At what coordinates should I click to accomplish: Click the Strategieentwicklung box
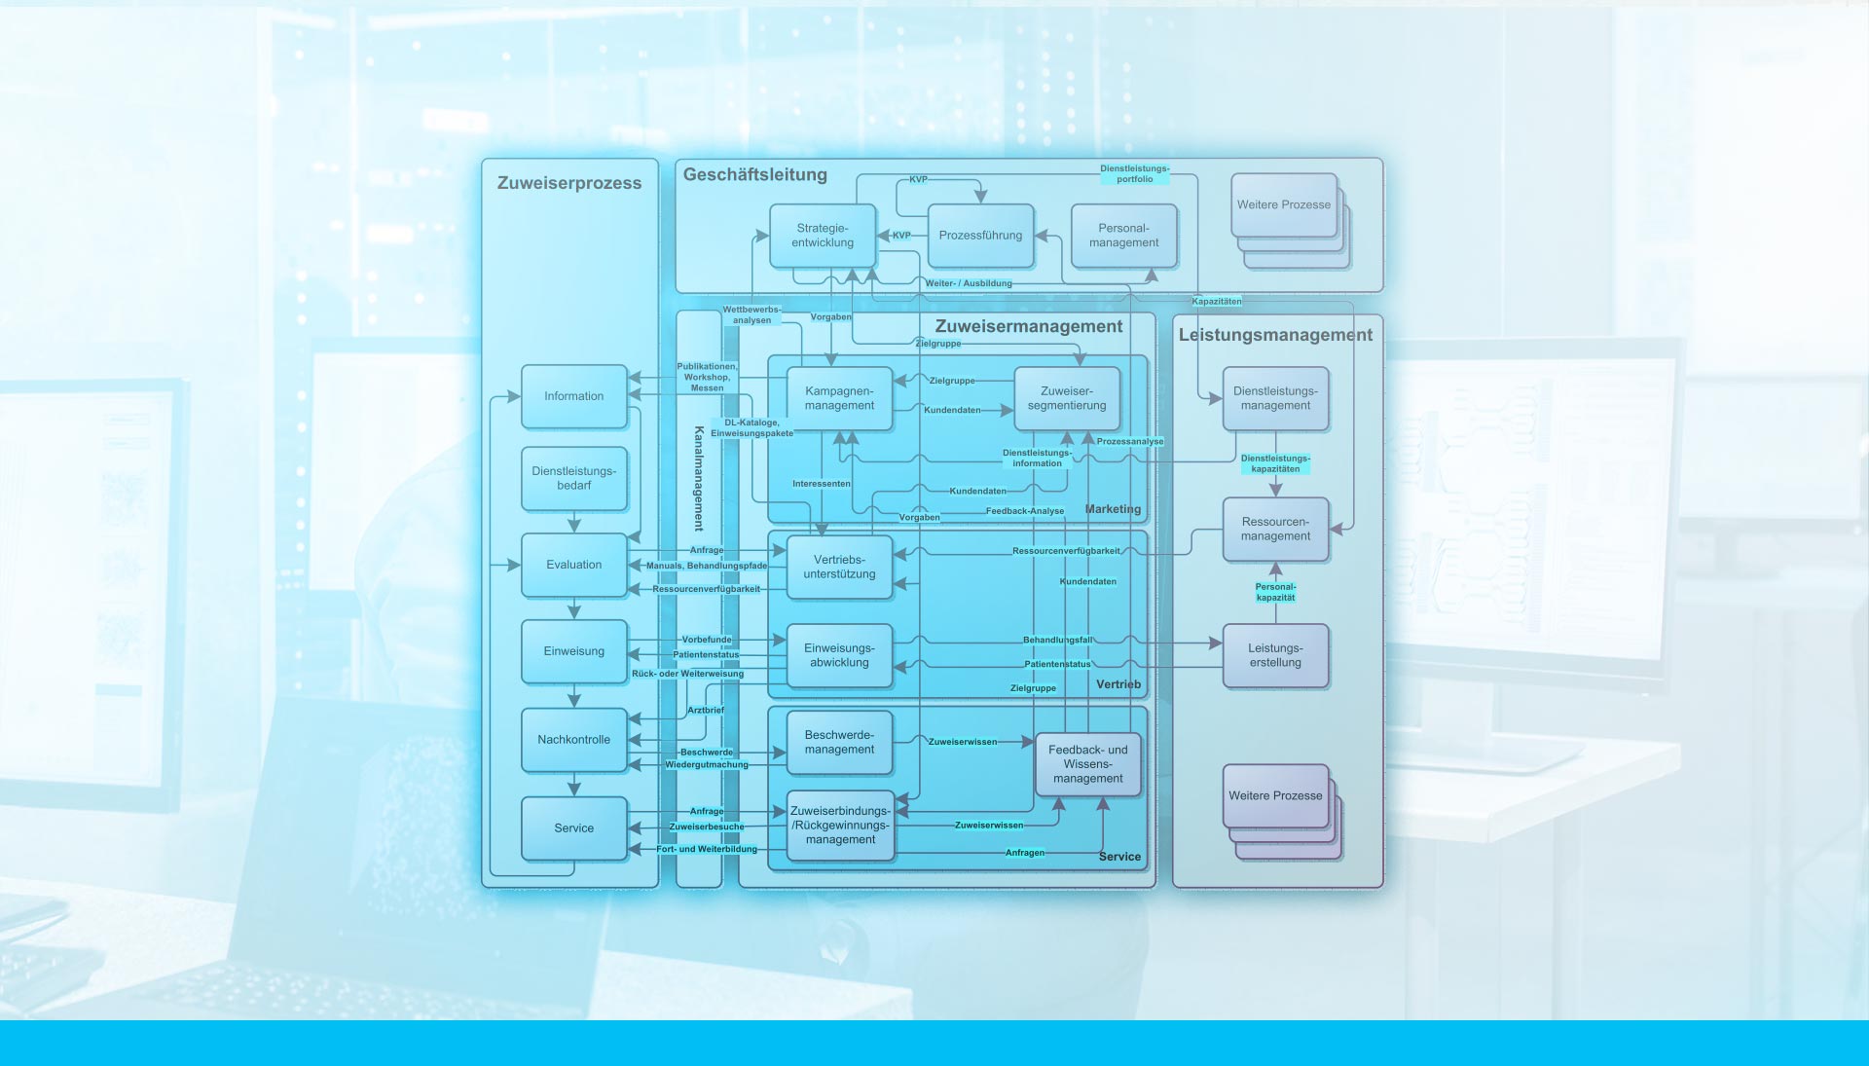tap(823, 236)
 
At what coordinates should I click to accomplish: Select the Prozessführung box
tap(980, 236)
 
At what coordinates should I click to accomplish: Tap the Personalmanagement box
tap(1123, 236)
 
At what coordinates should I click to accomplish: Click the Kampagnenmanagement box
tap(839, 398)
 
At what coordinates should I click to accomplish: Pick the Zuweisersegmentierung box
tap(1067, 398)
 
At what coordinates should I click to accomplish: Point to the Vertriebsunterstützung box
tap(839, 567)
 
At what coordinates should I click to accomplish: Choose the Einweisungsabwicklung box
tap(839, 655)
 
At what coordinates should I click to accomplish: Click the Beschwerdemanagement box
tap(839, 743)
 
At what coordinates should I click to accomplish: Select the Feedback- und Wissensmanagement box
tap(1087, 764)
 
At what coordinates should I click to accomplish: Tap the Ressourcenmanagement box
tap(1275, 529)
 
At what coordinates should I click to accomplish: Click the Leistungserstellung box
tap(1275, 655)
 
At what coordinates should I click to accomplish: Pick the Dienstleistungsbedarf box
tap(573, 478)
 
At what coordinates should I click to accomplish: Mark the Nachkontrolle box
tap(573, 740)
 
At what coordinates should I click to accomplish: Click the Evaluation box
tap(573, 565)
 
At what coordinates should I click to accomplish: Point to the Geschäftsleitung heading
tap(755, 175)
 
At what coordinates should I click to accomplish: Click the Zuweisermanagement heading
tap(1029, 327)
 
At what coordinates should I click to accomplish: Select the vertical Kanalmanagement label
tap(699, 478)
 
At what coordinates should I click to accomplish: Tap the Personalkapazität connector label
tap(1275, 592)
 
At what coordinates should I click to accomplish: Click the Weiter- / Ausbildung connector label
tap(969, 283)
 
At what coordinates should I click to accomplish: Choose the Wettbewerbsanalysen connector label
tap(751, 314)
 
